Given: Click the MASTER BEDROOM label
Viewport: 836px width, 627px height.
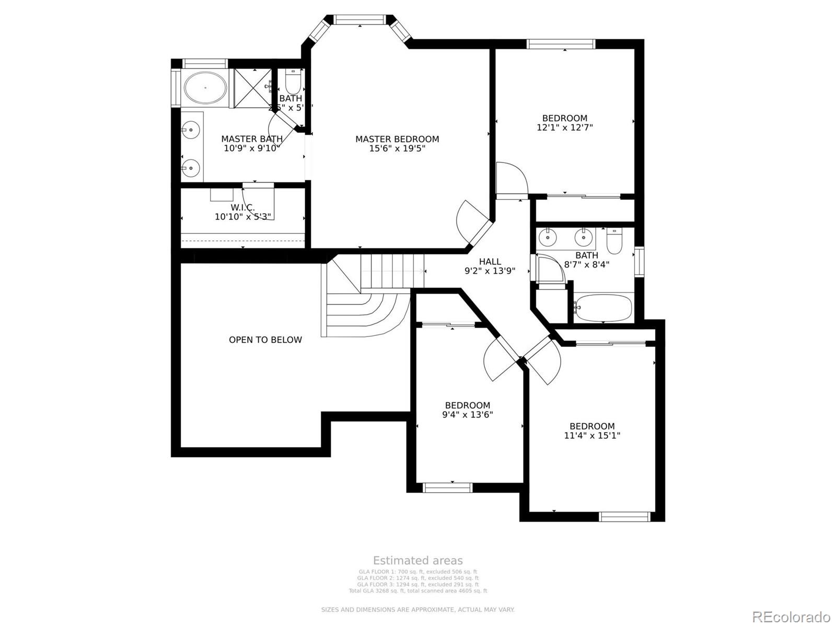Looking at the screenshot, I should point(397,139).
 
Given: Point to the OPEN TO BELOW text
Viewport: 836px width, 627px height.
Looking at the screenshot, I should point(265,340).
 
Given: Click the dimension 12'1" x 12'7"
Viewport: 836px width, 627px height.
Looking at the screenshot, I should point(565,127).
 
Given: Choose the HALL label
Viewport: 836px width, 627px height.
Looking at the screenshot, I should point(490,262).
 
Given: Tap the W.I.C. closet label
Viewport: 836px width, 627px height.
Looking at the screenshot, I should point(242,207).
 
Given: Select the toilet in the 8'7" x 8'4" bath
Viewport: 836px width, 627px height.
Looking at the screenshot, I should point(614,241).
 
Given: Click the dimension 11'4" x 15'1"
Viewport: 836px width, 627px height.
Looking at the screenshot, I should point(592,435).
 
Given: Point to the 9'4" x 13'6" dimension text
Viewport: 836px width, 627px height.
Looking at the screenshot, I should point(467,415).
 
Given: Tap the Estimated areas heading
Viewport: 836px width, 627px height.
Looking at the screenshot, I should point(418,561).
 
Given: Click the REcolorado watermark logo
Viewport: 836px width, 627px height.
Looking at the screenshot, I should point(791,617).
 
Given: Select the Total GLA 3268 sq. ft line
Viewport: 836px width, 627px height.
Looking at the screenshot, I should point(418,591).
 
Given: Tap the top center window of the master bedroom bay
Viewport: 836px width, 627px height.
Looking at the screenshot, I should point(360,20).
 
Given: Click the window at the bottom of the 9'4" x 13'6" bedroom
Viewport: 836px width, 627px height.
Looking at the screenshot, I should point(447,487).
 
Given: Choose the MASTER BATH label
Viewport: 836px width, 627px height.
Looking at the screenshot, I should point(252,139).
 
